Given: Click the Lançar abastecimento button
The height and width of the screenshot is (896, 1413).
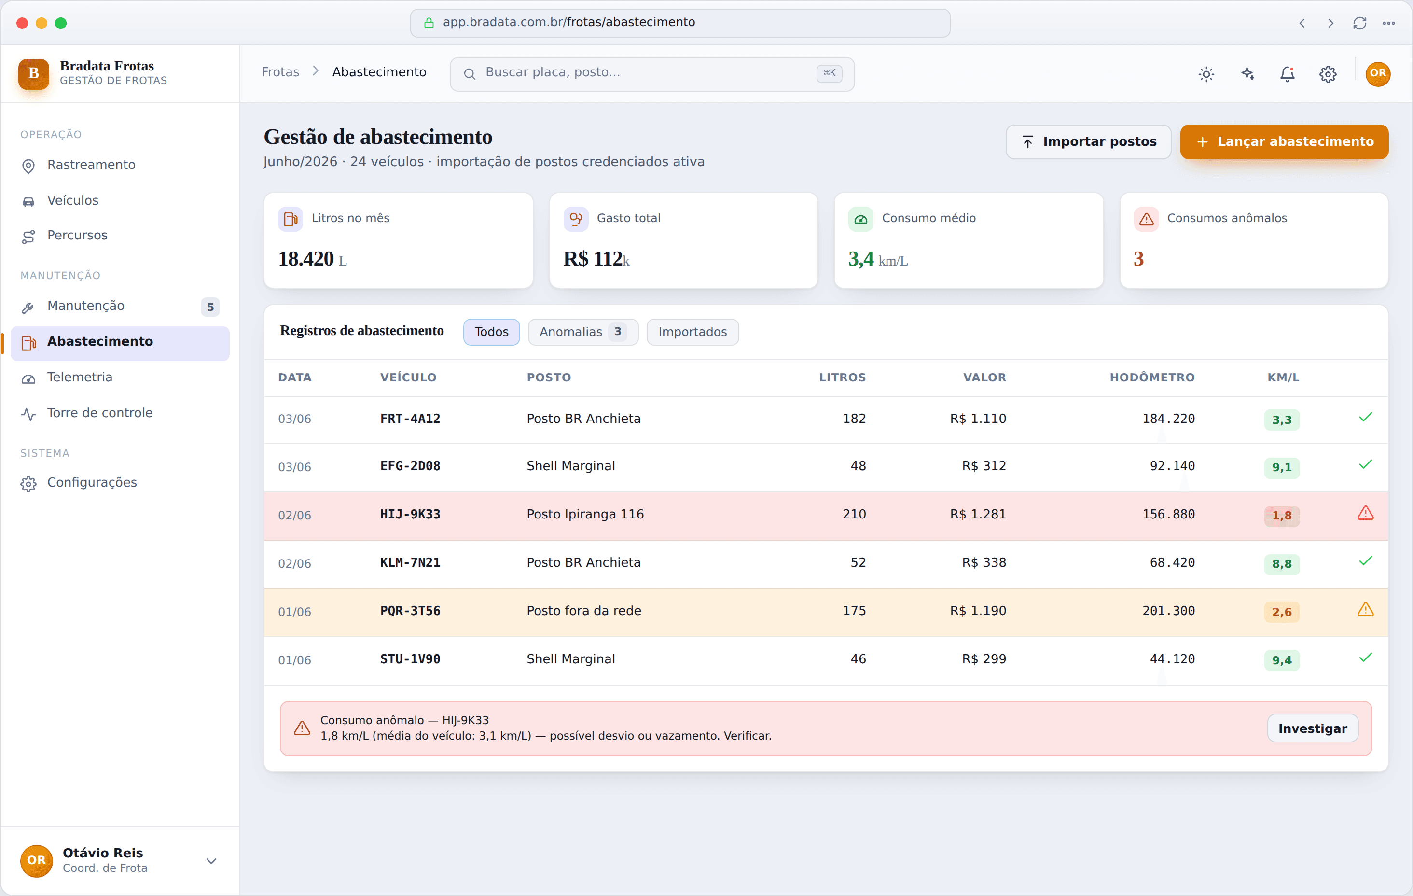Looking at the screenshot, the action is (x=1284, y=141).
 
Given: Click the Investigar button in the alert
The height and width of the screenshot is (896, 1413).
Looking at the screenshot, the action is (x=1313, y=728).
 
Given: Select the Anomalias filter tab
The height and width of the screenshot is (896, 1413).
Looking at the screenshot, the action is (x=582, y=332).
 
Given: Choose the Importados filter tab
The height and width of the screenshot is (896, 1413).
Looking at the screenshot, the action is (x=693, y=332).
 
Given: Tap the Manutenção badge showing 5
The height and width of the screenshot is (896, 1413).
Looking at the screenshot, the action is (x=210, y=307).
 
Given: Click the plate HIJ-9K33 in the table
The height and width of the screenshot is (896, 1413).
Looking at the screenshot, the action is (x=410, y=514).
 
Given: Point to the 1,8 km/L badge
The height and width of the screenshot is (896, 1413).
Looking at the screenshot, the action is (x=1282, y=516).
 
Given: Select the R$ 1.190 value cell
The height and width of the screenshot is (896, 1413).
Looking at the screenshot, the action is (x=978, y=611).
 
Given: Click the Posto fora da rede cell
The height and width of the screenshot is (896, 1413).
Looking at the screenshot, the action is (x=584, y=611).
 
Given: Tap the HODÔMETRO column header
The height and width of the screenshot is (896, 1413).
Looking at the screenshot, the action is (x=1152, y=378).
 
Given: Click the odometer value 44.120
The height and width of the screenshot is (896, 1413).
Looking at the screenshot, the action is (x=1172, y=659).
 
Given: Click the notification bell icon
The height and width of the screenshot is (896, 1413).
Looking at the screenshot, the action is (x=1288, y=74).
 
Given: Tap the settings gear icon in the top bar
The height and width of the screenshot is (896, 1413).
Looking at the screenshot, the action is (x=1328, y=74).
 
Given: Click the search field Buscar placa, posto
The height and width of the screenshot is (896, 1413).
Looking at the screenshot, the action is (x=652, y=73).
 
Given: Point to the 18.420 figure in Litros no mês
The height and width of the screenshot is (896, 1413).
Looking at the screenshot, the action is (x=306, y=258).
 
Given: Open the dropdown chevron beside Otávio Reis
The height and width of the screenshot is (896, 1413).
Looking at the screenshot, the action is (x=211, y=861).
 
